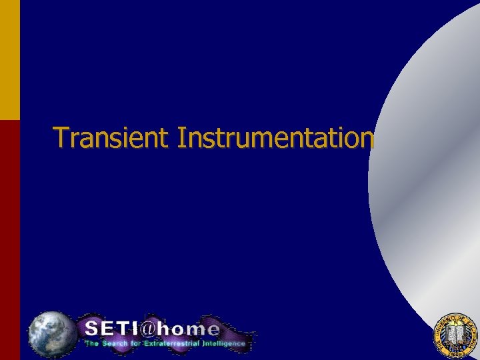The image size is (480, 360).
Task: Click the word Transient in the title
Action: pos(113,137)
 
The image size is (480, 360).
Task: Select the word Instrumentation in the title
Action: pos(275,137)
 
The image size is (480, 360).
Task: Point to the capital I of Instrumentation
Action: pos(182,137)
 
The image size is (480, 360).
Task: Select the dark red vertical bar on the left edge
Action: pos(9,240)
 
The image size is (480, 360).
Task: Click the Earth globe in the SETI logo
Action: pos(51,333)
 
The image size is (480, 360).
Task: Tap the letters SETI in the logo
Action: pos(111,329)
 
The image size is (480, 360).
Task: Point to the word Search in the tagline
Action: pos(117,344)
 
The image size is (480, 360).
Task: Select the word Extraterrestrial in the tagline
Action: pos(171,344)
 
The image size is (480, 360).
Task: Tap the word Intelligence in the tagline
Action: pos(224,344)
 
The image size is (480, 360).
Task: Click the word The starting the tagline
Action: pos(91,344)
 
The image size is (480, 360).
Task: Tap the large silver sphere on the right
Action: pos(433,173)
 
